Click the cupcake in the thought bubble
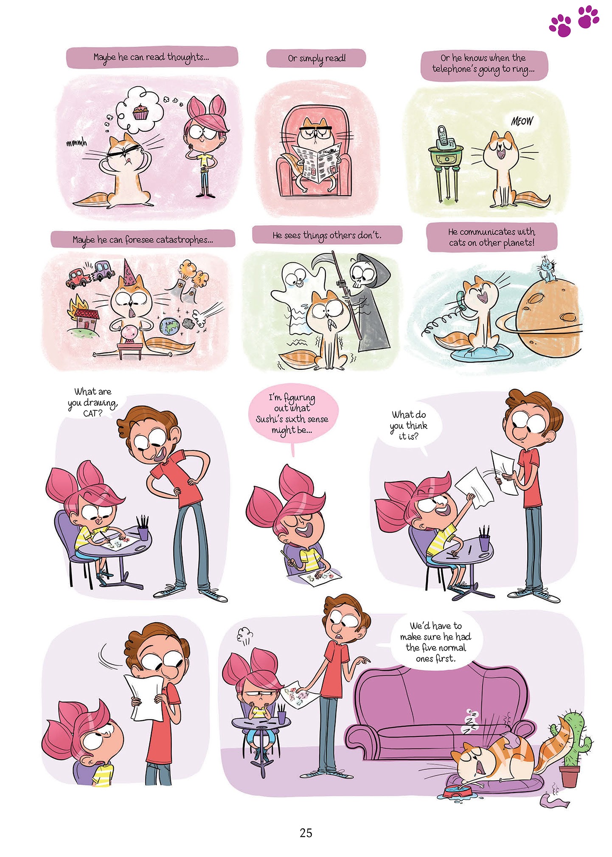(x=140, y=112)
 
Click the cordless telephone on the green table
(x=444, y=137)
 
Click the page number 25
(x=306, y=832)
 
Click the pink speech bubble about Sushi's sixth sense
(x=292, y=414)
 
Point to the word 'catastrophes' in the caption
(x=183, y=240)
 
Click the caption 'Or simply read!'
(x=316, y=59)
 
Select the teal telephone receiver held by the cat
(x=461, y=300)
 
